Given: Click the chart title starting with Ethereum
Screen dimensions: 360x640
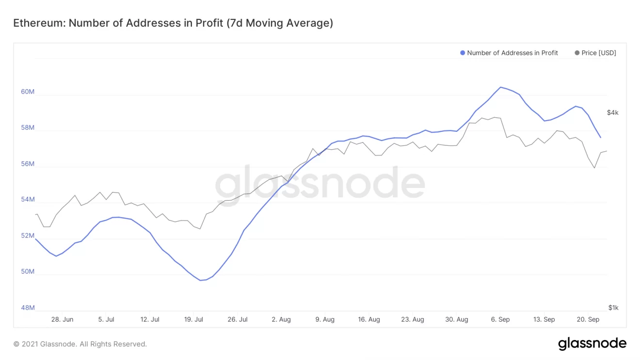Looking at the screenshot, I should [x=173, y=23].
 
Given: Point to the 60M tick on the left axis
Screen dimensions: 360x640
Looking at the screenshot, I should [x=28, y=92].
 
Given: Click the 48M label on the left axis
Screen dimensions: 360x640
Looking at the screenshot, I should [x=28, y=308].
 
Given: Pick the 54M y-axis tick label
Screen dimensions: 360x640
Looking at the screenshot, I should [x=28, y=200].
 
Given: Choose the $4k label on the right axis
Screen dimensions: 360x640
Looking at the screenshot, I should [x=612, y=112].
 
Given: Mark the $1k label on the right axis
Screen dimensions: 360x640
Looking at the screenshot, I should [x=613, y=308].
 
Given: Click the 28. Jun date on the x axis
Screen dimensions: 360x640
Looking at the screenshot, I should [x=62, y=319].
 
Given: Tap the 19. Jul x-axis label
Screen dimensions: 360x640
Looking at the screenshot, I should [x=193, y=319].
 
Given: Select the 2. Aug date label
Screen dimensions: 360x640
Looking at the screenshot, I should [x=281, y=319].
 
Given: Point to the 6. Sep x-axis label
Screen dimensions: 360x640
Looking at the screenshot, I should [x=500, y=319].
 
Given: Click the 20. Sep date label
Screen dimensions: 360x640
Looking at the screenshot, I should [x=588, y=319].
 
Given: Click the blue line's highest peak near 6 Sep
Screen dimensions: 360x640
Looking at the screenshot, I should [x=501, y=87].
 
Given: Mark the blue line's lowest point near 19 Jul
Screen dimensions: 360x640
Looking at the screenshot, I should [x=200, y=280].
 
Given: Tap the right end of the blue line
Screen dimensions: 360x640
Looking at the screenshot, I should [x=601, y=138].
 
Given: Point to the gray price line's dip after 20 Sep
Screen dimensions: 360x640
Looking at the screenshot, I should [x=594, y=168].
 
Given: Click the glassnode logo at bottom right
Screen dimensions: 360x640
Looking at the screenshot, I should [x=592, y=344].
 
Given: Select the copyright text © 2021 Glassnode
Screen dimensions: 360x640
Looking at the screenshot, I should [x=80, y=344].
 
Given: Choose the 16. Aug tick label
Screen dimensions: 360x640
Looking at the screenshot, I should [x=368, y=319].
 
